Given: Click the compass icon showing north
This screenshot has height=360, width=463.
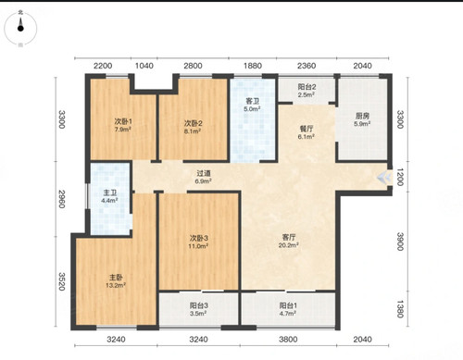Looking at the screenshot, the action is click(x=20, y=28).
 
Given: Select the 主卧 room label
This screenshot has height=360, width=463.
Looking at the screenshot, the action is click(x=116, y=277).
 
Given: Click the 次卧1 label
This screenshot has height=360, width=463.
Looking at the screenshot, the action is click(x=123, y=121).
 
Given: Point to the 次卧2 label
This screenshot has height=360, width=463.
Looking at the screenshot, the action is click(x=194, y=123).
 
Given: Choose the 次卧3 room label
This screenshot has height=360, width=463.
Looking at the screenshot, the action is click(x=199, y=238).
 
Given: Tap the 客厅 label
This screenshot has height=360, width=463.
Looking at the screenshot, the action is click(x=289, y=237).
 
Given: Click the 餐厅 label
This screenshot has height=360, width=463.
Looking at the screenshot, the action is click(x=307, y=129).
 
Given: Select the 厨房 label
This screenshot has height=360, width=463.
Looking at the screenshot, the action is click(x=362, y=116).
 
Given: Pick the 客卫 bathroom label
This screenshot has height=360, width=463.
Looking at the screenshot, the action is click(x=253, y=101).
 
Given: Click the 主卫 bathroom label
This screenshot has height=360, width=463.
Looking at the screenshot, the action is click(x=110, y=192).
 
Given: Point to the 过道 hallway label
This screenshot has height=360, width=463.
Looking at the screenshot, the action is click(x=204, y=173).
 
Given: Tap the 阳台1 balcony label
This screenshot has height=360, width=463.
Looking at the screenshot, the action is click(x=288, y=305).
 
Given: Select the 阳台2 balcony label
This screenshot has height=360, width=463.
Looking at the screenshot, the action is click(x=307, y=87).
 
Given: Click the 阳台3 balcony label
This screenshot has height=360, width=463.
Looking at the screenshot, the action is click(x=199, y=305).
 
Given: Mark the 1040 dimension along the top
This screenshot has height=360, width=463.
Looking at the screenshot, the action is click(x=144, y=66).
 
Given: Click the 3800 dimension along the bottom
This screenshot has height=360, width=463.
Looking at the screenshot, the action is click(x=288, y=340).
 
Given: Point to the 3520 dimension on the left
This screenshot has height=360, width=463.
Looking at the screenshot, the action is click(x=62, y=281).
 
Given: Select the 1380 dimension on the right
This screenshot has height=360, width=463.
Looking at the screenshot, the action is click(x=400, y=309).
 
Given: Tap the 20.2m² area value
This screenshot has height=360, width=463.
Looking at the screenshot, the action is click(x=289, y=245).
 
